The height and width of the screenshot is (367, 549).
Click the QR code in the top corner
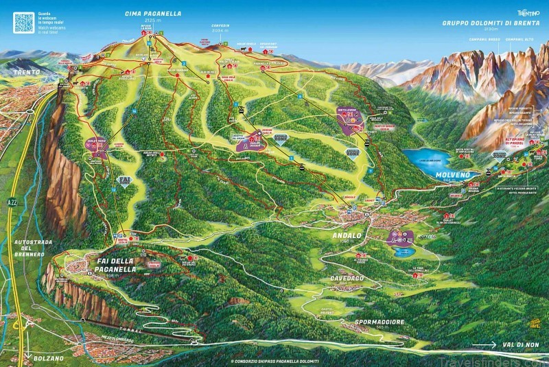24,22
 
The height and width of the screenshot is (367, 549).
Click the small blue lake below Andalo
401,252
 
